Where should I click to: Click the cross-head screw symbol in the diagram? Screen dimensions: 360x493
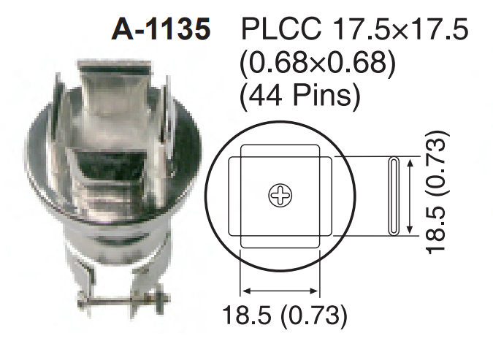280,195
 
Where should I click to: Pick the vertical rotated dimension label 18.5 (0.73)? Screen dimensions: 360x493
440,195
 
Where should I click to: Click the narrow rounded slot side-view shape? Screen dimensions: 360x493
394,196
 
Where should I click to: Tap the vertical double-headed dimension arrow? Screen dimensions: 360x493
414,196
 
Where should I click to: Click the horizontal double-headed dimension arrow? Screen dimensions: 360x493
280,288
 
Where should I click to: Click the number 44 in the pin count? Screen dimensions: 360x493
265,96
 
